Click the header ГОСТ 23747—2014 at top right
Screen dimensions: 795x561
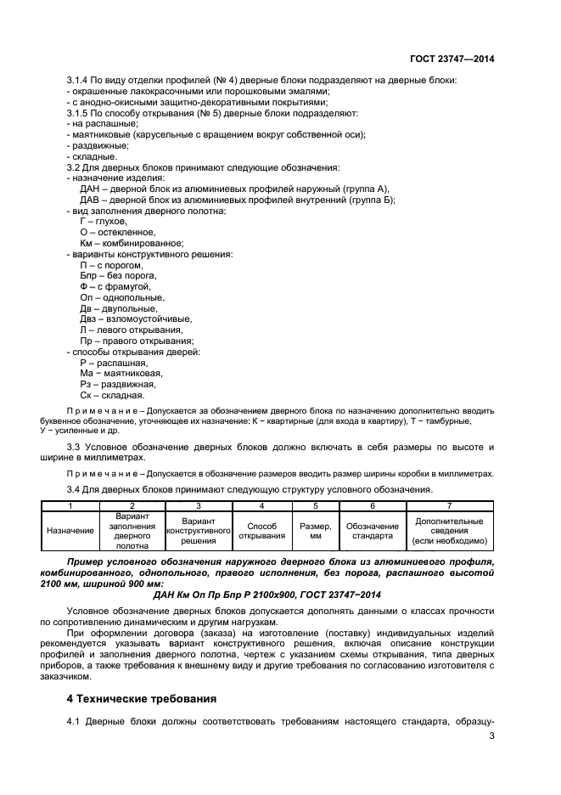coord(452,59)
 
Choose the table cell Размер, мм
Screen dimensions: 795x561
coord(315,531)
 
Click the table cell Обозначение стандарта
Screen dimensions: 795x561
coord(373,531)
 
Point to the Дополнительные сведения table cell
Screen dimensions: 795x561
coord(449,531)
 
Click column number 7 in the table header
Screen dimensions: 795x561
coord(449,506)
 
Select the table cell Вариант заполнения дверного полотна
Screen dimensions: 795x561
coord(131,531)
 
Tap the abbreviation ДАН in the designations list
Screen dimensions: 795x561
coord(91,189)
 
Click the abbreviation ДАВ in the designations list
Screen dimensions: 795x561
coord(91,200)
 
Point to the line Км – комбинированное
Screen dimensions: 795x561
coord(120,242)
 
